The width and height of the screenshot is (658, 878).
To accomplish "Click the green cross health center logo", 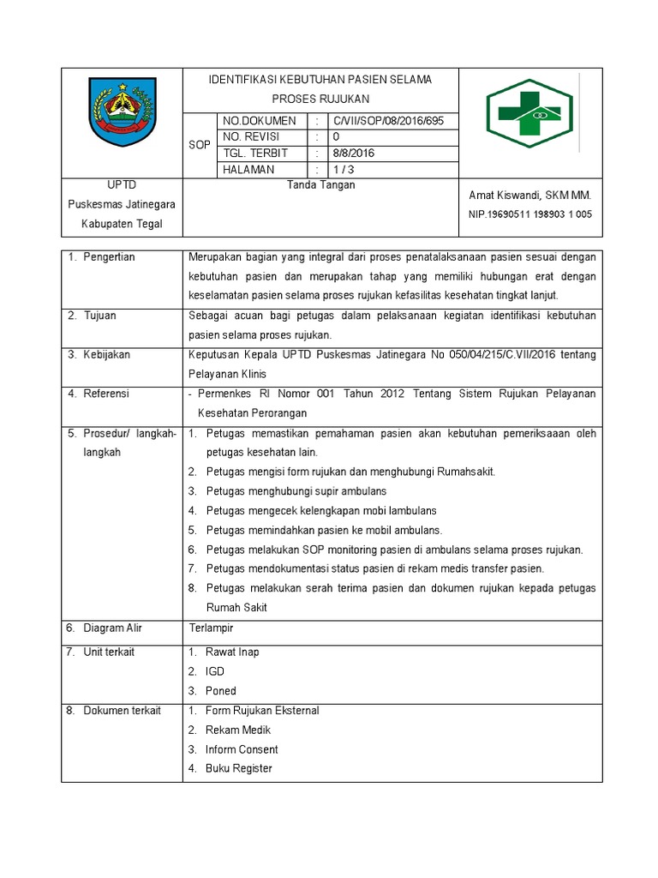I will click(529, 113).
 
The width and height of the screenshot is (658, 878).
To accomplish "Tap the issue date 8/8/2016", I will click(354, 153).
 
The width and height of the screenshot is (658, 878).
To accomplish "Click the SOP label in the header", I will click(199, 146).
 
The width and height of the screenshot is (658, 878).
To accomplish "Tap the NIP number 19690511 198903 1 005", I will click(529, 214).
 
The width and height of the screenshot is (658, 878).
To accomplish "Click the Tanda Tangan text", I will click(321, 184).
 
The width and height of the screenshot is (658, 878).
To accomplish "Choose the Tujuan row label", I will click(99, 316).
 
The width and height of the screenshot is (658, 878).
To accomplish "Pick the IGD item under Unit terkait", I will click(214, 671).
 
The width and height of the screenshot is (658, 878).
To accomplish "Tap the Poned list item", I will click(220, 691).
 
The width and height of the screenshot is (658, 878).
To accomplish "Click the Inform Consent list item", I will click(241, 749).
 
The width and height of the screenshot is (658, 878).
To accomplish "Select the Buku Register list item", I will click(238, 768).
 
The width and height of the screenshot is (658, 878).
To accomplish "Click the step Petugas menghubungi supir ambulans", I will click(296, 491).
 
